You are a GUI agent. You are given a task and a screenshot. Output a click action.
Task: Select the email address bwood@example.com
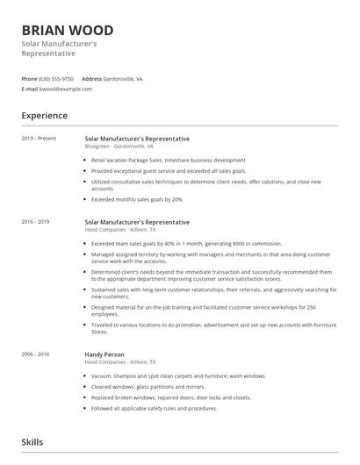[66, 89]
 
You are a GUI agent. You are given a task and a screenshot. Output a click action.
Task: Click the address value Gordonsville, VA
[123, 79]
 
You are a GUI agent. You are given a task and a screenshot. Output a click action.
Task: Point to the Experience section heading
[45, 116]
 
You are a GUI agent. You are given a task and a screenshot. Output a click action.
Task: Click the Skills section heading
[32, 442]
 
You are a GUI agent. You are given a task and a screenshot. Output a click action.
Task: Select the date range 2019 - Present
[40, 139]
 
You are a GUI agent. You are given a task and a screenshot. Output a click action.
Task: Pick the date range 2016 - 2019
[36, 223]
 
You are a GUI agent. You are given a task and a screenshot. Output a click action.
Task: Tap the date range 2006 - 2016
[36, 354]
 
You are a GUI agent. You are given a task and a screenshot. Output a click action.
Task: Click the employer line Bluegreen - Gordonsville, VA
[119, 147]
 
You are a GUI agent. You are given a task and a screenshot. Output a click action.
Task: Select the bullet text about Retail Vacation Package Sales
[168, 161]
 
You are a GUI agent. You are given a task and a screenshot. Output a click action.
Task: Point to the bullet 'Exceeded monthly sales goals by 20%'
[137, 199]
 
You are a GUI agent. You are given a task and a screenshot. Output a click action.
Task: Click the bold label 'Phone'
[29, 79]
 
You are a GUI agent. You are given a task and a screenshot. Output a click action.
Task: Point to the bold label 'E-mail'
[30, 89]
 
